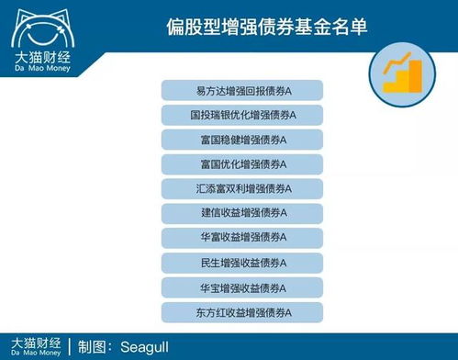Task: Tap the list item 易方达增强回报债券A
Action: (243, 91)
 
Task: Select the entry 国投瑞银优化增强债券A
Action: (243, 116)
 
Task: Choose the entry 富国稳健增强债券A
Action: (243, 141)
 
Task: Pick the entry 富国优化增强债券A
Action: (243, 165)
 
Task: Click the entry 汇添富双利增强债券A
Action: (243, 189)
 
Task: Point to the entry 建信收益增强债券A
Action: (243, 214)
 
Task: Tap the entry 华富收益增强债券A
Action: (243, 239)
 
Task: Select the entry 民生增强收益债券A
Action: (243, 264)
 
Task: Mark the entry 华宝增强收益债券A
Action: (243, 287)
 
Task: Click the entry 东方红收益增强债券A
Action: (243, 312)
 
